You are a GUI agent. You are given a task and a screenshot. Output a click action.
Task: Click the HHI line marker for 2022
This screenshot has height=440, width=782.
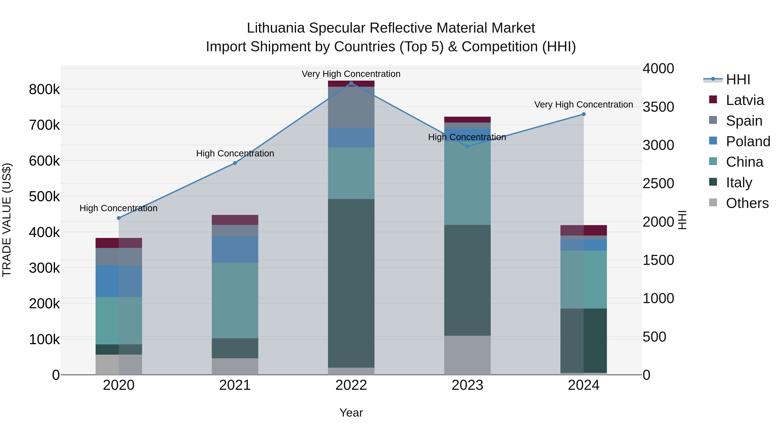click(x=351, y=83)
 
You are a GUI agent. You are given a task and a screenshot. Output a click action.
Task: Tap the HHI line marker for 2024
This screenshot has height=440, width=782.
click(x=583, y=114)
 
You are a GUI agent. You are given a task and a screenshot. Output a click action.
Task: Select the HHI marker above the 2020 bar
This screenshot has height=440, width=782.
click(x=119, y=218)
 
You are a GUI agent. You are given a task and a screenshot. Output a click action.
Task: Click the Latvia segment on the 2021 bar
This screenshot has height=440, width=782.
click(x=235, y=220)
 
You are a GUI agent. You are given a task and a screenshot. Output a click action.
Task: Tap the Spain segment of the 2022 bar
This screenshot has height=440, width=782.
click(x=351, y=107)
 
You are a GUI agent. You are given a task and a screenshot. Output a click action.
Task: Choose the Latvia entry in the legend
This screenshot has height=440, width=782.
click(x=744, y=100)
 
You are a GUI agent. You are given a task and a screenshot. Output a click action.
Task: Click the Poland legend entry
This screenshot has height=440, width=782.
click(x=748, y=141)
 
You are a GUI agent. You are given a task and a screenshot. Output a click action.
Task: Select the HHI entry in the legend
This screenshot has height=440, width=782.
click(x=738, y=80)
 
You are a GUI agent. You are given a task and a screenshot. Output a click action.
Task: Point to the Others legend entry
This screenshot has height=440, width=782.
click(x=747, y=203)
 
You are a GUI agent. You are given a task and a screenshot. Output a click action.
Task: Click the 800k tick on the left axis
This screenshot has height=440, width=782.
click(x=44, y=90)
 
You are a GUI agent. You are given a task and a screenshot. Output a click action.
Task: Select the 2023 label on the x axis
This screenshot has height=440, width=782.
click(x=467, y=385)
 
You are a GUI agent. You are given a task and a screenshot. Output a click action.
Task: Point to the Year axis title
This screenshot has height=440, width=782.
click(x=351, y=413)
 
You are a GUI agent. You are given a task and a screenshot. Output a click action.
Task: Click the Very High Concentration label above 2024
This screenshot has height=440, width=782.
click(x=583, y=105)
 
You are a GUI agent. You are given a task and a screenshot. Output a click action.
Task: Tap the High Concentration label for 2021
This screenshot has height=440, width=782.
click(x=235, y=153)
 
